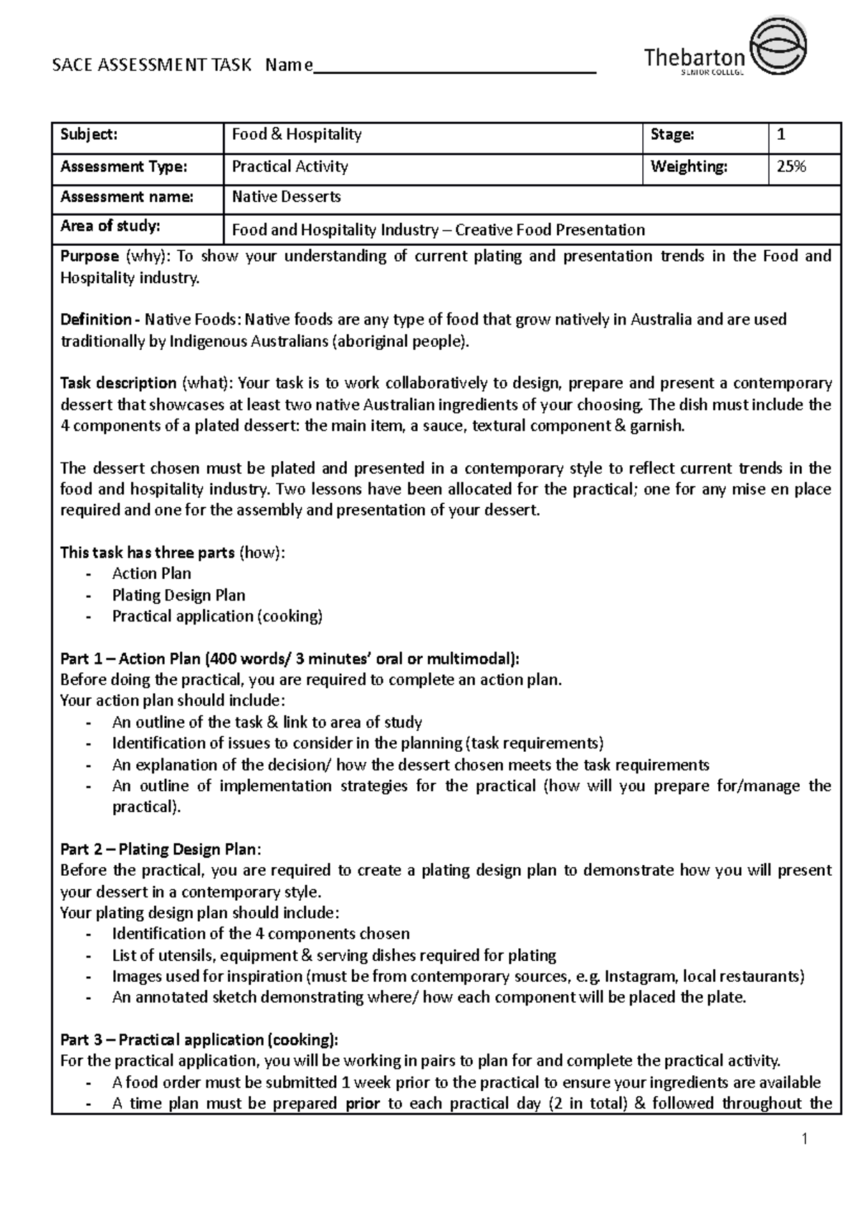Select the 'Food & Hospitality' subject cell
coord(297,135)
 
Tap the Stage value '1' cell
coord(781,135)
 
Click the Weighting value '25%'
coord(791,167)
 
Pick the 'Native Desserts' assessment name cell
coord(286,196)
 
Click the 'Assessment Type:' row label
coord(123,167)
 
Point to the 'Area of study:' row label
coord(110,226)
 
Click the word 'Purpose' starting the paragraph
coord(89,257)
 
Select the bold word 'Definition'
coord(95,320)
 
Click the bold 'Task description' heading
coord(118,383)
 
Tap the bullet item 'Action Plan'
coord(151,573)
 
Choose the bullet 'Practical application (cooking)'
coord(217,616)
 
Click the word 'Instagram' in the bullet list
coord(640,976)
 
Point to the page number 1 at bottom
coord(805,1139)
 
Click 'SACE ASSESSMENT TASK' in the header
coord(152,66)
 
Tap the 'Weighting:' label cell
coord(689,167)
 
